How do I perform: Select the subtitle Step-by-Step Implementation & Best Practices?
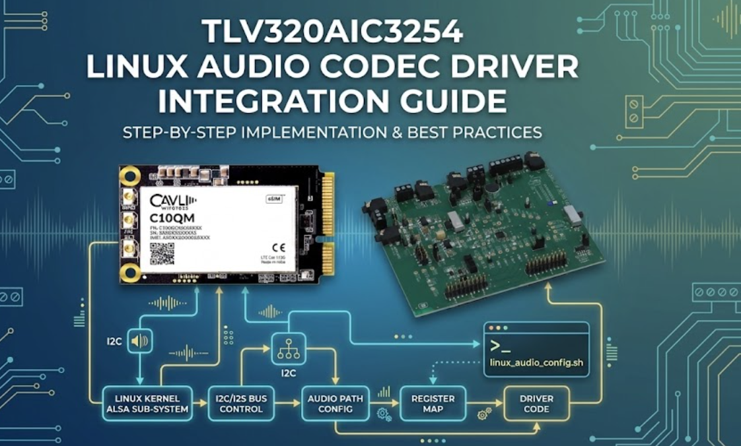tap(332, 133)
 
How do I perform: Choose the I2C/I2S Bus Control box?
tap(241, 404)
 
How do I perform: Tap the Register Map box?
tap(433, 404)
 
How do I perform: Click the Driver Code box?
tap(536, 404)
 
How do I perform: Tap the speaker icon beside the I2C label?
tap(140, 341)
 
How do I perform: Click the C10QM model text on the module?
tap(171, 219)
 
